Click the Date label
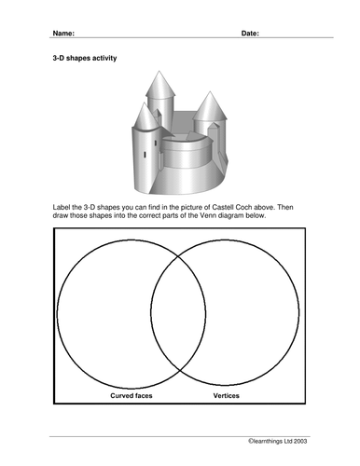click(250, 34)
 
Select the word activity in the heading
click(104, 58)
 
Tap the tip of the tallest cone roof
click(159, 71)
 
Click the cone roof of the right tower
click(210, 107)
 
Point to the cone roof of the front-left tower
click(145, 117)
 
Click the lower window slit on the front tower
click(145, 155)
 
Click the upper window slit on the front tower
click(156, 144)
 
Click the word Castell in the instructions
click(223, 207)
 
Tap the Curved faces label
click(132, 395)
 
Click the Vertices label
click(226, 395)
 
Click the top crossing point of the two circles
click(178, 257)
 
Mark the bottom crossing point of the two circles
click(180, 369)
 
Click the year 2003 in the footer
click(300, 441)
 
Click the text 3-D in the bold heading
click(58, 58)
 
